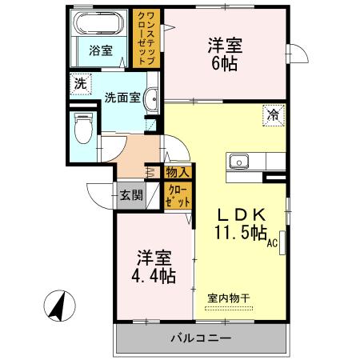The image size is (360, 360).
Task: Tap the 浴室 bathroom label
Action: pyautogui.click(x=100, y=50)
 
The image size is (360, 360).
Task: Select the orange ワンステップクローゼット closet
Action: pyautogui.click(x=146, y=39)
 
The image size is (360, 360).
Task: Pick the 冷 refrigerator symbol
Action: pyautogui.click(x=272, y=115)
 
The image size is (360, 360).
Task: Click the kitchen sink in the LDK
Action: pyautogui.click(x=238, y=162)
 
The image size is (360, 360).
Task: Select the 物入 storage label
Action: pyautogui.click(x=177, y=172)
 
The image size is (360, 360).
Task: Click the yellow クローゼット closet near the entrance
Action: pyautogui.click(x=178, y=196)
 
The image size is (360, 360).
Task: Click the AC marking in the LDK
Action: pyautogui.click(x=272, y=243)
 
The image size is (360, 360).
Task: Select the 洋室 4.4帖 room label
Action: pyautogui.click(x=154, y=267)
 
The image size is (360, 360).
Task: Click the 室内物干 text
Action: pyautogui.click(x=229, y=298)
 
